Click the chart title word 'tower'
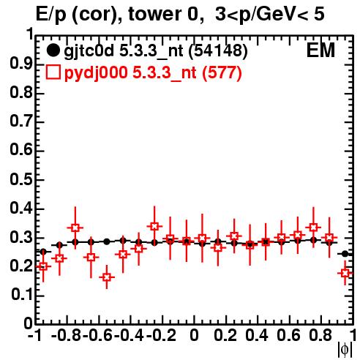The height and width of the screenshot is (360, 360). (x=153, y=14)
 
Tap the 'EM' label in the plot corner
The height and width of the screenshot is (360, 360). (x=320, y=50)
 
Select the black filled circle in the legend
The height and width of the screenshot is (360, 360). (x=53, y=50)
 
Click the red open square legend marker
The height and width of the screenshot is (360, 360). (x=53, y=72)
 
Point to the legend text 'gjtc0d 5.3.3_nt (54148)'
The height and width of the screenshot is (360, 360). (x=156, y=51)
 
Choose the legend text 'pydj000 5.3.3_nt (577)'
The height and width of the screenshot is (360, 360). (x=153, y=72)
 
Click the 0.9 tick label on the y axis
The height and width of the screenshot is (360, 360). (x=21, y=64)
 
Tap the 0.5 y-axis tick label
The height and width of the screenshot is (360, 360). (x=21, y=179)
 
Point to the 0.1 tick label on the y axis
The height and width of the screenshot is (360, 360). (x=22, y=295)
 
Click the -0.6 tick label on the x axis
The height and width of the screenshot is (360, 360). (x=97, y=335)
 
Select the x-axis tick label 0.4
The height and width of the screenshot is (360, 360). (x=257, y=335)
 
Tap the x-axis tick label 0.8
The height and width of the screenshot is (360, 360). (x=320, y=335)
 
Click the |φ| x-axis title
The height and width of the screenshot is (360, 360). (x=345, y=350)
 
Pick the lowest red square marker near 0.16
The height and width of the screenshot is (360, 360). (x=107, y=277)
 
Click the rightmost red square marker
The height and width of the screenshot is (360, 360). (x=345, y=273)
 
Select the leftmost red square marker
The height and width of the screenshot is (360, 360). (x=43, y=266)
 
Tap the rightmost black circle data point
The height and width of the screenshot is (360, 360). (x=345, y=254)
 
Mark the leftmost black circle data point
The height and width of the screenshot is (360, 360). (x=43, y=252)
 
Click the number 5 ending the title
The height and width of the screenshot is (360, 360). (x=319, y=14)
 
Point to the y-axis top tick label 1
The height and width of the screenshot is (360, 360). (x=30, y=34)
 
